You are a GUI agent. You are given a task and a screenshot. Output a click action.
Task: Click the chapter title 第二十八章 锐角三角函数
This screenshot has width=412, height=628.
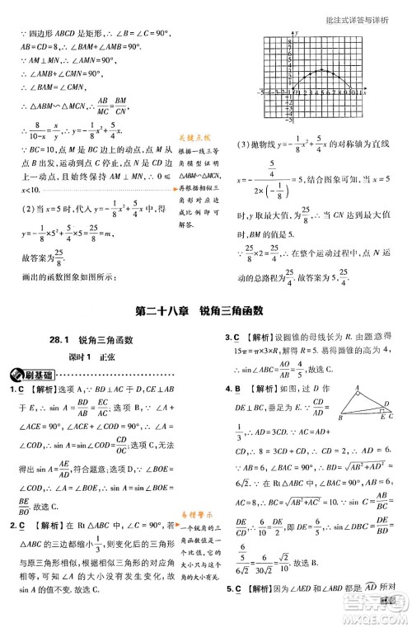[206, 311]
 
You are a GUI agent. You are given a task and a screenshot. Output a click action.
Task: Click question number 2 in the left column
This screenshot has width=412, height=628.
[12, 525]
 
